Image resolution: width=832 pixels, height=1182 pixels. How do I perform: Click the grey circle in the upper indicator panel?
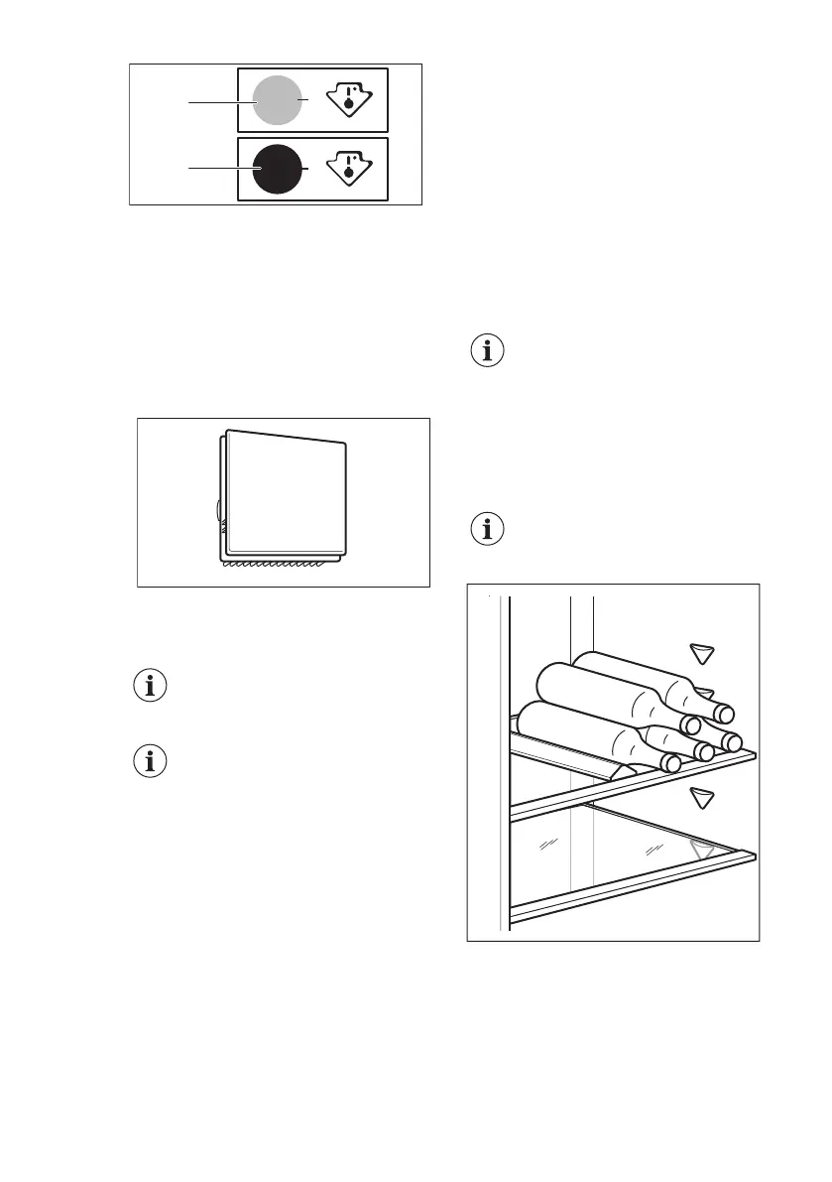tap(277, 100)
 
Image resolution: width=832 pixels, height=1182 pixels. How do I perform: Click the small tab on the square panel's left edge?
tap(218, 511)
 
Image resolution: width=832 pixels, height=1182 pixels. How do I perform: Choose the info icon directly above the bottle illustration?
tap(486, 529)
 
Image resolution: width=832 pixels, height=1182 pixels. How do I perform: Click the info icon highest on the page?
tap(486, 352)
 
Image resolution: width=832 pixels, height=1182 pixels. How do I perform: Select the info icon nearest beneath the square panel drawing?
tap(151, 686)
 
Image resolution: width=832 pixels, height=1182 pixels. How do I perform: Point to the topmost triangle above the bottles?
tap(703, 653)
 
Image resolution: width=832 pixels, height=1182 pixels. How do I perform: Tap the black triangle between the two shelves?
tap(703, 796)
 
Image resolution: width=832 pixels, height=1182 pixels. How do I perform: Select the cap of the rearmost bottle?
tap(726, 713)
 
